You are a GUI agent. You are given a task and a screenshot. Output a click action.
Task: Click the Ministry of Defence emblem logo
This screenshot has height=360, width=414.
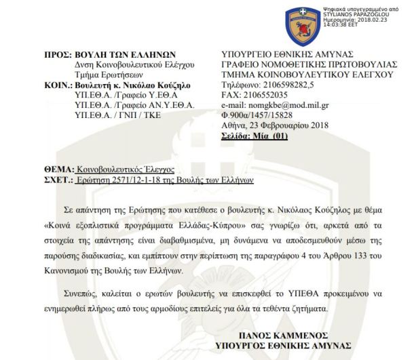point(299,22)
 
